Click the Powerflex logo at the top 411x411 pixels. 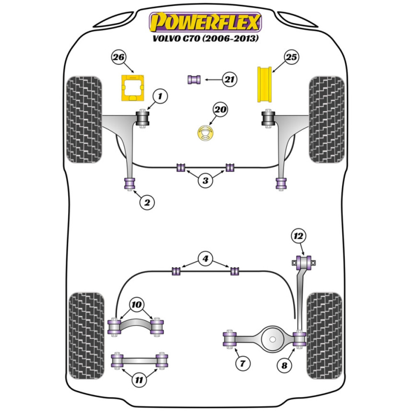click(x=205, y=22)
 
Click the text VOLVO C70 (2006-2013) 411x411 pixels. click(x=205, y=40)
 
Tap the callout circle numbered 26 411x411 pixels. click(x=118, y=58)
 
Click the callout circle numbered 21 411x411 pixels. click(x=230, y=79)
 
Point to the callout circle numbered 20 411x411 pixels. click(x=220, y=110)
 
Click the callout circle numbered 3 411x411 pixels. click(x=205, y=180)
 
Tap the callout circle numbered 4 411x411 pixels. click(x=205, y=259)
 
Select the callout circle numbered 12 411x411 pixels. click(x=299, y=236)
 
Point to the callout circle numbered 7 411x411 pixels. click(x=243, y=363)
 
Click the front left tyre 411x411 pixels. click(x=83, y=119)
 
